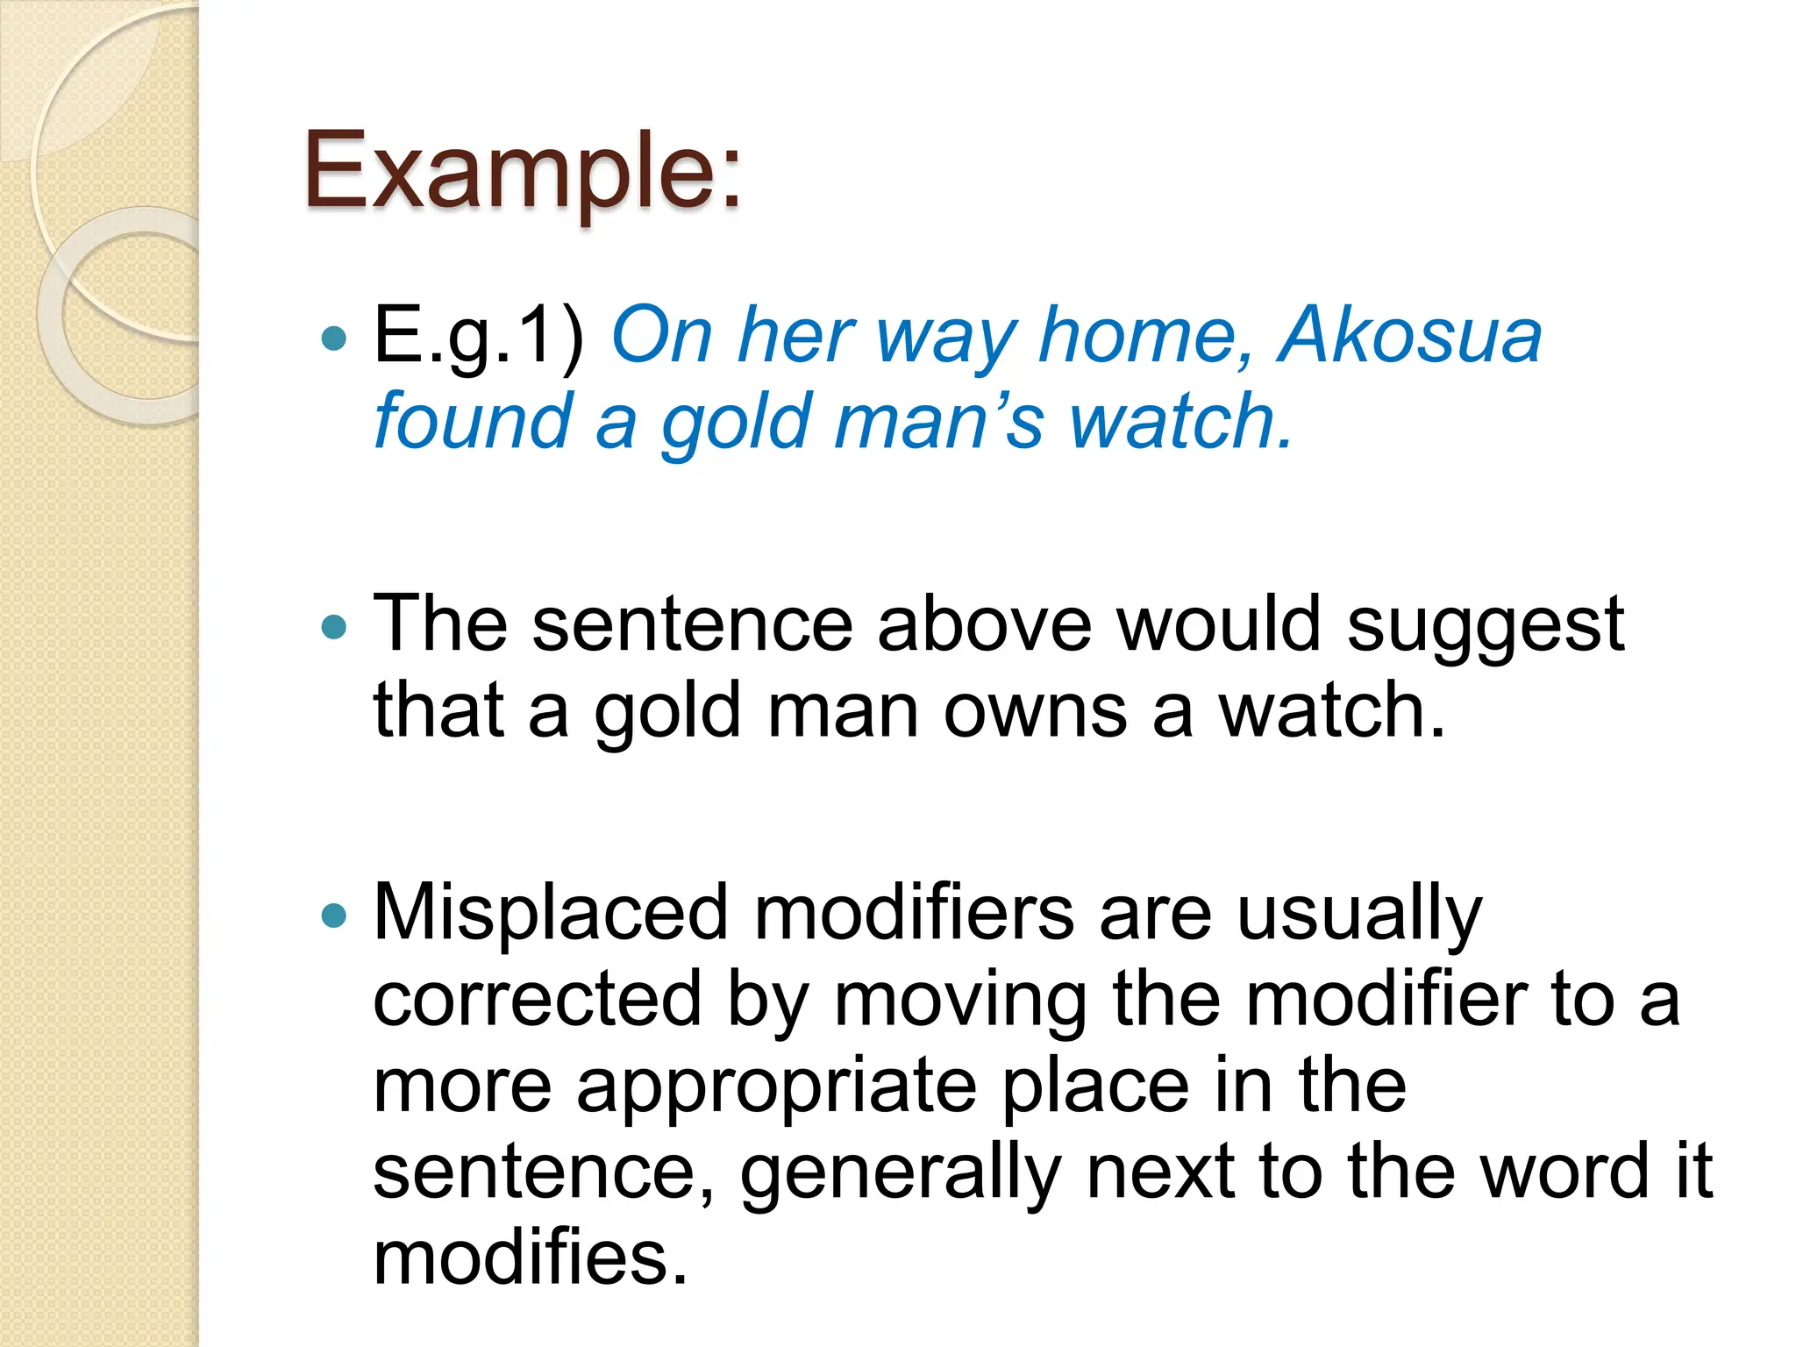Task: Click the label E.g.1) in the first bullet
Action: click(x=479, y=335)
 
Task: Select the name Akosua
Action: click(x=1409, y=335)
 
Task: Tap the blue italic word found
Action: click(x=473, y=421)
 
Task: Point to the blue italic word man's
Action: click(x=939, y=421)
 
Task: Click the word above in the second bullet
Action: click(x=985, y=624)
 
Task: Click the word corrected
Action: click(x=538, y=1000)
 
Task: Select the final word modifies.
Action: click(x=530, y=1258)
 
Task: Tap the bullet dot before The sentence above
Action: click(x=334, y=627)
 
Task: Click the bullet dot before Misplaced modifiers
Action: click(x=334, y=916)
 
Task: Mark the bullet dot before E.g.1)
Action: click(x=334, y=338)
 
